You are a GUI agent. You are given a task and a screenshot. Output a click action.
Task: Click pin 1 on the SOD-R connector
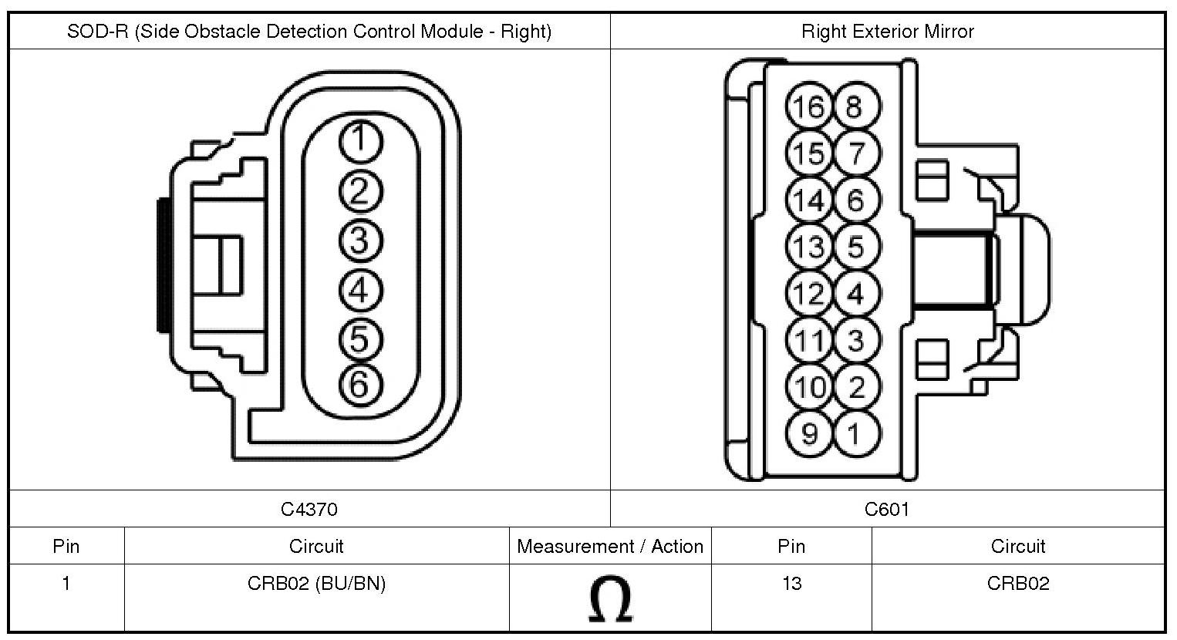[359, 142]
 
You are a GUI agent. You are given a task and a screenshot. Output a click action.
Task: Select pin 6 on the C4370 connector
[359, 383]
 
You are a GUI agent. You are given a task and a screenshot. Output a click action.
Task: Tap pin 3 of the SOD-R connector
[359, 241]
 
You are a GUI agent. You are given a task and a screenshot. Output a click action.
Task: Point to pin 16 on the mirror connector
[809, 106]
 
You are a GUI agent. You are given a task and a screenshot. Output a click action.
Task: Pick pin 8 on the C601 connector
[855, 106]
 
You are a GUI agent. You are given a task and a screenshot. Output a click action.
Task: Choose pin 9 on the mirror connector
[809, 433]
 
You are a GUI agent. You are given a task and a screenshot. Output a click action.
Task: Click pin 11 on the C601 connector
[809, 340]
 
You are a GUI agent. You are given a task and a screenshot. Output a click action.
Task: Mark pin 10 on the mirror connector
[809, 387]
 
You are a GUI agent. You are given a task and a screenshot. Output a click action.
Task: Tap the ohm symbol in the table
[610, 599]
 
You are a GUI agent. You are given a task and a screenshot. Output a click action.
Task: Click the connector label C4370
[309, 509]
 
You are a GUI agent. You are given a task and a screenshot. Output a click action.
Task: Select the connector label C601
[887, 509]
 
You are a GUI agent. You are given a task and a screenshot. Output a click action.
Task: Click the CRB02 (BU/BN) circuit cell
[316, 584]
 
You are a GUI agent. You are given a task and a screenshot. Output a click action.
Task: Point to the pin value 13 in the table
[791, 584]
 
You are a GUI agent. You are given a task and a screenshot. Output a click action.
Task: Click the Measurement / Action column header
[610, 547]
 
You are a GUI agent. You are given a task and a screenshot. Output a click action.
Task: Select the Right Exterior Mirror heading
[887, 32]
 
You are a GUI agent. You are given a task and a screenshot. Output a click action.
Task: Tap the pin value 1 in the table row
[66, 584]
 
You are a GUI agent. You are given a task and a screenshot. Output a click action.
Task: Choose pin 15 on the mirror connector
[809, 153]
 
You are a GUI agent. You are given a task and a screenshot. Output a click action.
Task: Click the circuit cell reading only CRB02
[1018, 584]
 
